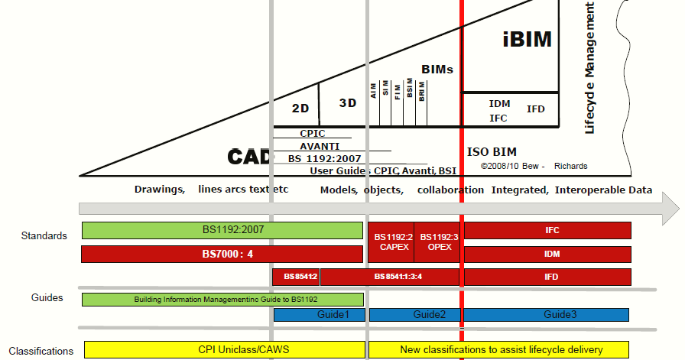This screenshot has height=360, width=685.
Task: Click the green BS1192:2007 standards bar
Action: (222, 230)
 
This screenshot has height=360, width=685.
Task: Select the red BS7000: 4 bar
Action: (222, 254)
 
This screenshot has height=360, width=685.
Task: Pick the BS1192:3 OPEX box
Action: (439, 242)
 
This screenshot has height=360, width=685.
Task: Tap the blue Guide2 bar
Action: (415, 314)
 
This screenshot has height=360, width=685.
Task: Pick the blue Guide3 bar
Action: (546, 314)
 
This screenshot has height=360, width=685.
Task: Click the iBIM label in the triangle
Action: (527, 40)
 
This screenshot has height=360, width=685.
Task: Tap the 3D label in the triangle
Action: (348, 102)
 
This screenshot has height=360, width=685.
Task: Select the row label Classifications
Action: (41, 351)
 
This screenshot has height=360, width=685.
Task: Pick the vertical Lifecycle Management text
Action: (589, 69)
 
